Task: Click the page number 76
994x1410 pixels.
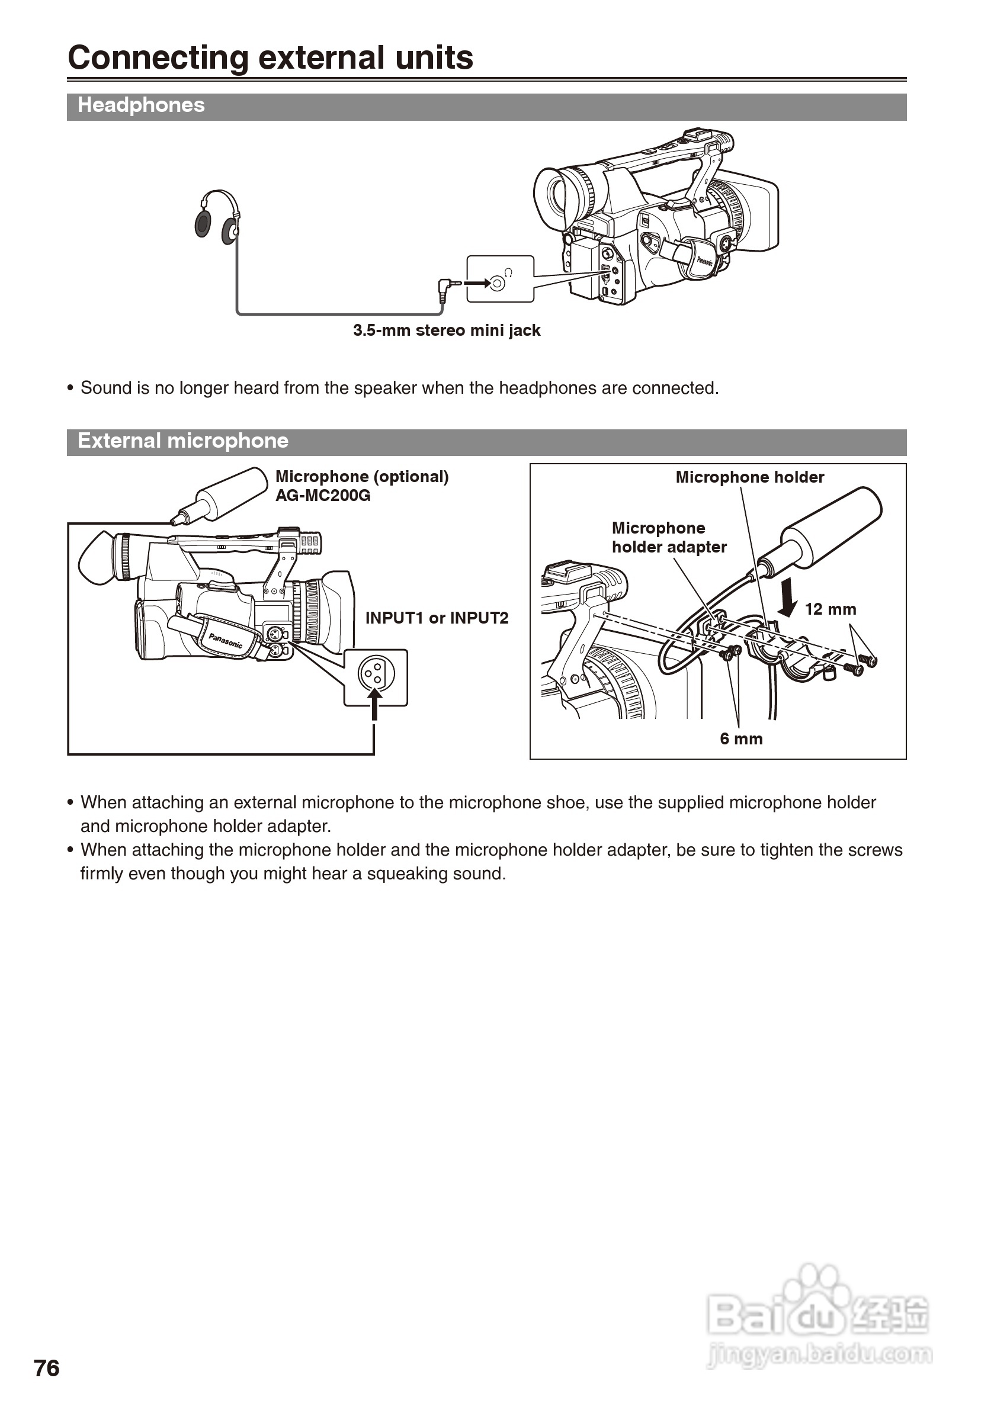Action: click(47, 1368)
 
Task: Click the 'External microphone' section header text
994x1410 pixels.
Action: click(182, 441)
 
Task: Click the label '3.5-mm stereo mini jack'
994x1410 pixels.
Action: click(447, 330)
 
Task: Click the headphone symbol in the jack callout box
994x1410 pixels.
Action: click(508, 272)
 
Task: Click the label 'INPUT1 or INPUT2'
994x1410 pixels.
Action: click(437, 618)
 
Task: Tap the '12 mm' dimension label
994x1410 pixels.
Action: click(830, 609)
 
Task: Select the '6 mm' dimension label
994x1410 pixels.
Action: click(741, 739)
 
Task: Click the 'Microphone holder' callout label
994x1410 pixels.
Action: click(749, 477)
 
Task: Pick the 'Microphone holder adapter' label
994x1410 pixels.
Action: click(668, 537)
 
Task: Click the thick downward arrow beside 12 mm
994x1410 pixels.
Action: click(788, 598)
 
